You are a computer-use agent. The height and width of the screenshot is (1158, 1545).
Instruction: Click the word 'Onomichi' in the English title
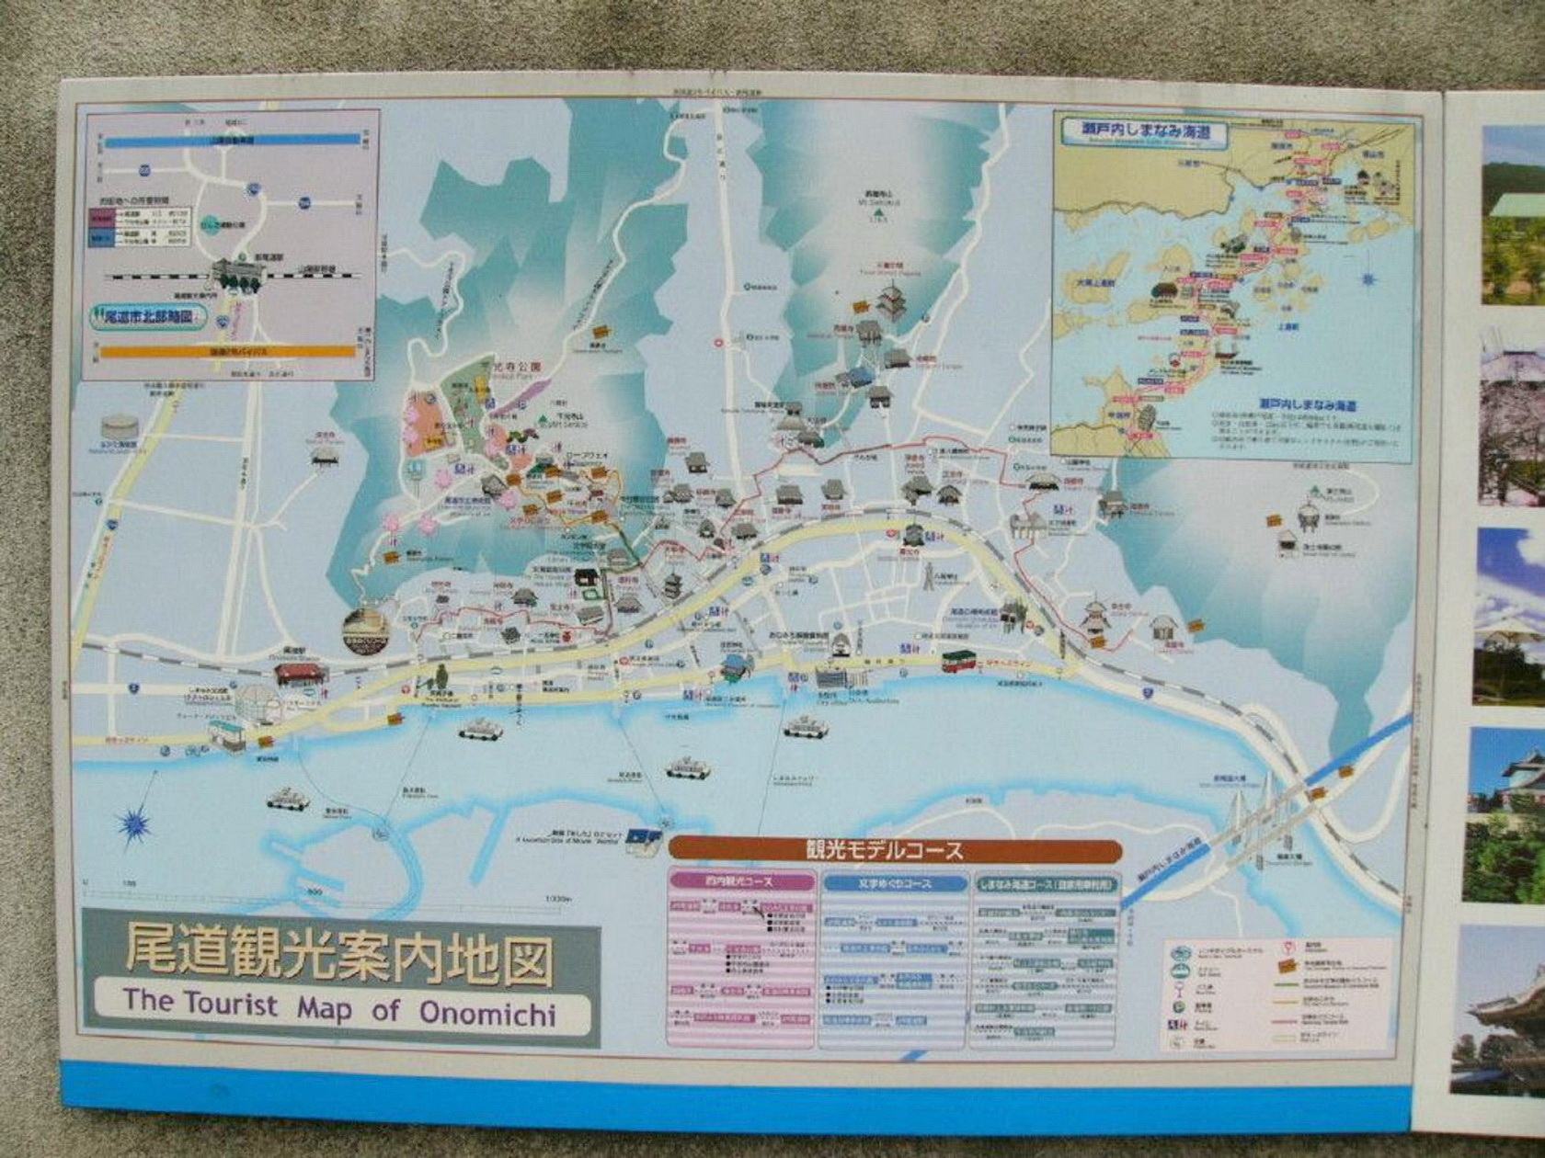pyautogui.click(x=487, y=1011)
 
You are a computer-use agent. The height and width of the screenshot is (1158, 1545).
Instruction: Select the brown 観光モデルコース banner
pyautogui.click(x=895, y=850)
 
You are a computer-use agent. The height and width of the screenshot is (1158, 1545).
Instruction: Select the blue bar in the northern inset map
pyautogui.click(x=231, y=141)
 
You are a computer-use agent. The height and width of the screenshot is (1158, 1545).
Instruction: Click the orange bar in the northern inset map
pyautogui.click(x=227, y=351)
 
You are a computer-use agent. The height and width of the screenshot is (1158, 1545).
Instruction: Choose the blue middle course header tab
pyautogui.click(x=893, y=884)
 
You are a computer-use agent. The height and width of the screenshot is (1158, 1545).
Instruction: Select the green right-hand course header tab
pyautogui.click(x=1046, y=884)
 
